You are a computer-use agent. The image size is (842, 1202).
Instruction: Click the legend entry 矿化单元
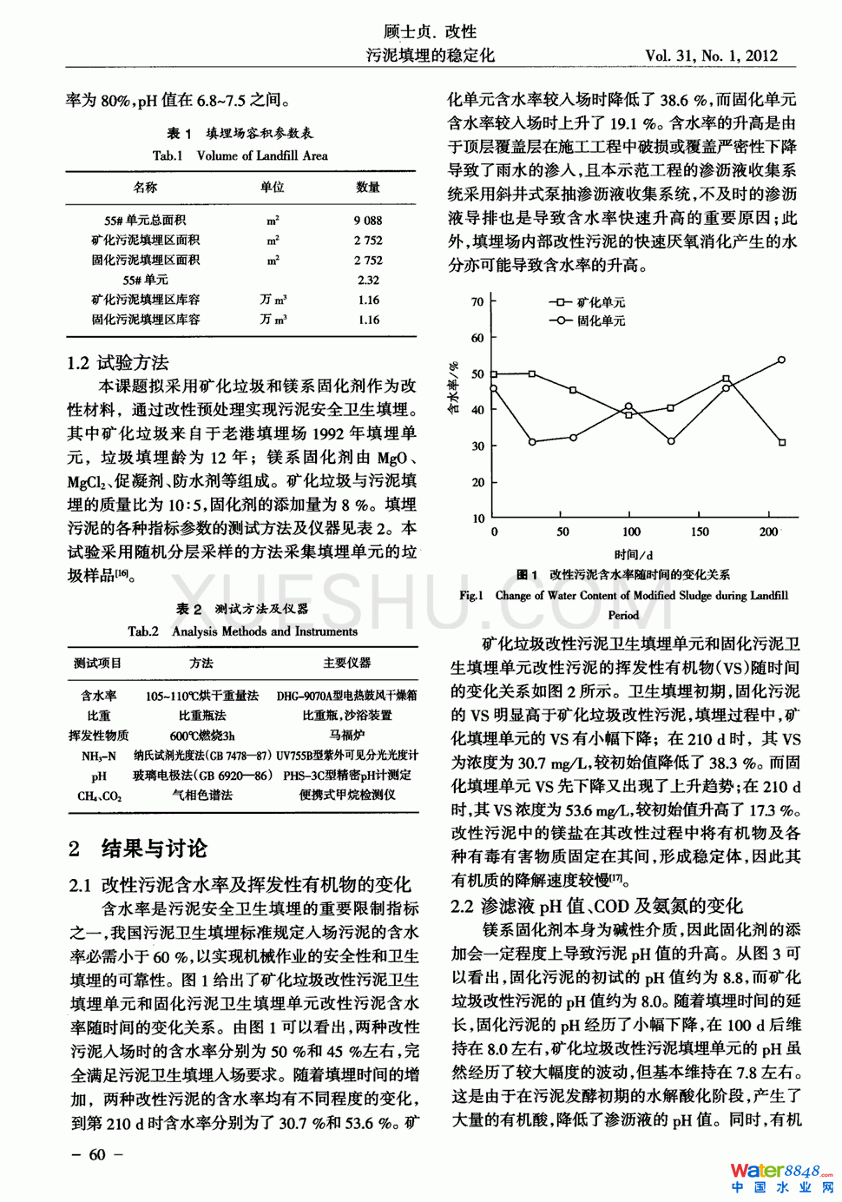(600, 302)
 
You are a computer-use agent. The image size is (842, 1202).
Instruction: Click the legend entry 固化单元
(600, 320)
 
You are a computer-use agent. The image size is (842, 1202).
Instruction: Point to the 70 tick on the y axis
(477, 302)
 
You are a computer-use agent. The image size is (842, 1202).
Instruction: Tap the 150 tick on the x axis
(700, 532)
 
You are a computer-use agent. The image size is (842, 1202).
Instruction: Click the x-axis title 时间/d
(633, 554)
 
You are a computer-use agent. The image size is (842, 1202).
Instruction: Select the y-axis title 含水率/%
(454, 388)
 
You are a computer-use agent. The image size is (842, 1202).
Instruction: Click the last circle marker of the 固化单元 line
(782, 360)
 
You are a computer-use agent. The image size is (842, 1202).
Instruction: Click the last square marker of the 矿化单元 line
(782, 442)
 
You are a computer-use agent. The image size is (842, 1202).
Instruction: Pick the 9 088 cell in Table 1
(367, 221)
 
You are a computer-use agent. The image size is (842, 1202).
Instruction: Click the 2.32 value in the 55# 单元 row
(368, 280)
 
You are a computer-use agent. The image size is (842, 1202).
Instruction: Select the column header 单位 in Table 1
(272, 187)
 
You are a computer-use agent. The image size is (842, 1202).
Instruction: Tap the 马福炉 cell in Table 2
(346, 735)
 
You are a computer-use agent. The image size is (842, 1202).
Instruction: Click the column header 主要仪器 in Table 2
(346, 663)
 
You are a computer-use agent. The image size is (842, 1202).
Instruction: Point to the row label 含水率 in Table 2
(98, 695)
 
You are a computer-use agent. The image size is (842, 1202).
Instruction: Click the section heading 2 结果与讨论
(139, 849)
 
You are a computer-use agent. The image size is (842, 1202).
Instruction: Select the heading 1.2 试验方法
(118, 363)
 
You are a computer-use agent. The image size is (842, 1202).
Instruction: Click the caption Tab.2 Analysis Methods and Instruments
(243, 631)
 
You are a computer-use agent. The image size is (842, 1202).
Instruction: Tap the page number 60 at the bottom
(96, 1154)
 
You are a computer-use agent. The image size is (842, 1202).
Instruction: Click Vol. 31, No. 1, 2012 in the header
(711, 56)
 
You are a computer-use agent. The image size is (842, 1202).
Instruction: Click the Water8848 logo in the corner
(780, 1177)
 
